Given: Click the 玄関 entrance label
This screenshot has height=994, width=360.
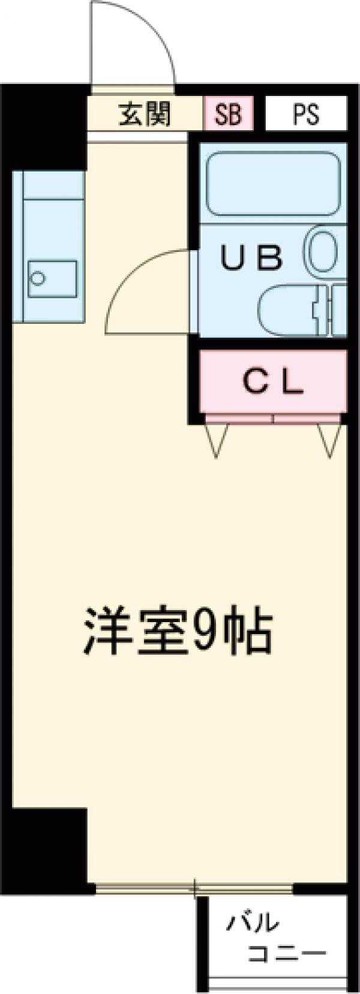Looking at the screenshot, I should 145,115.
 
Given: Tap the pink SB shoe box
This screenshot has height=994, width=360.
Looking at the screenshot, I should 228,114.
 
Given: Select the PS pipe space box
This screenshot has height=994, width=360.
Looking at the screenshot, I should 306,114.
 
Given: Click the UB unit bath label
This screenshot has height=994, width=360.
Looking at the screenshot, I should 251,258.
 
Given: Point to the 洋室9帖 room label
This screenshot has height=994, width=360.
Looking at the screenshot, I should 178,632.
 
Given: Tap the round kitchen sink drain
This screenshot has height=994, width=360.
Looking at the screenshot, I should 38,278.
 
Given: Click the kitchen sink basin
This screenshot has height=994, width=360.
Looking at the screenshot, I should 53,278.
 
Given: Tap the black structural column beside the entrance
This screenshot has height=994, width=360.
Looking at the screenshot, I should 45,126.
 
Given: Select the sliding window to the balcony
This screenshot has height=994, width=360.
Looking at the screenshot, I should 195,889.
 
